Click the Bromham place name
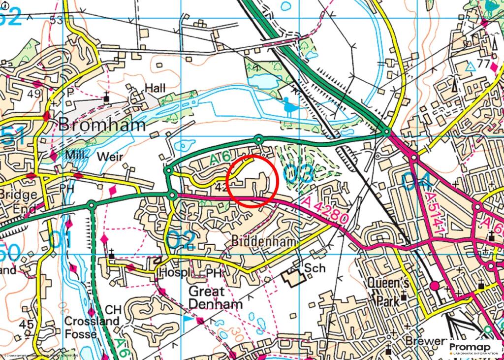tap(102, 125)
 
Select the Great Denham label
tap(216, 297)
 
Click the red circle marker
tap(253, 181)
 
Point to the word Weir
tap(110, 156)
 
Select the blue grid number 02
tap(181, 240)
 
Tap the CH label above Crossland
tap(113, 310)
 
